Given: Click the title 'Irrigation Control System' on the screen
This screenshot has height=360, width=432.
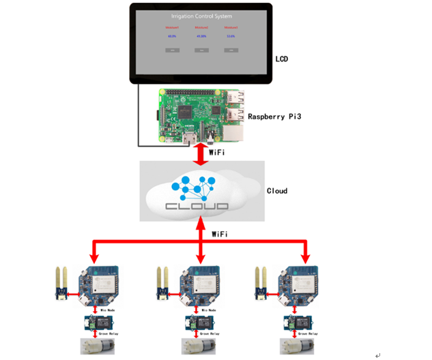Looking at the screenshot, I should [x=201, y=16].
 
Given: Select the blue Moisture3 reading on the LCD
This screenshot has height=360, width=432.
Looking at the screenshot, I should [x=231, y=36].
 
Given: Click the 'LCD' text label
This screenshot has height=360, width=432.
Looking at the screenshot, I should [x=281, y=59].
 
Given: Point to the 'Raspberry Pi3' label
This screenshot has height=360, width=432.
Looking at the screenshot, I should [x=275, y=117].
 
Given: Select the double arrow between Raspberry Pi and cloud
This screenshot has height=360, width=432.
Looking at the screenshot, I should [x=201, y=153].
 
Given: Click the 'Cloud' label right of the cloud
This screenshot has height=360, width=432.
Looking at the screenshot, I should [x=277, y=190].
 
